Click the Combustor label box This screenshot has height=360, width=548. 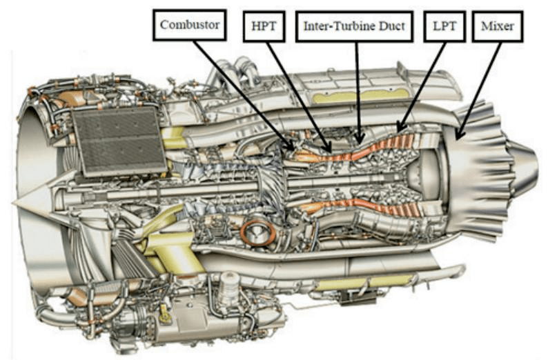point(189,25)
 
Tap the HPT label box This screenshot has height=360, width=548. point(264,26)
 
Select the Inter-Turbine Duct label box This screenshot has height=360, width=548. point(354,26)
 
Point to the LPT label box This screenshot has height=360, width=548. point(444,26)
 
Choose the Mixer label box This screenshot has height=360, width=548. point(498,26)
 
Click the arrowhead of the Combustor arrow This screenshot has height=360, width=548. point(291,146)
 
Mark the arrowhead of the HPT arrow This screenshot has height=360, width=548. point(328,148)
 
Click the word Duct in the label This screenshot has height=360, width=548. point(393,26)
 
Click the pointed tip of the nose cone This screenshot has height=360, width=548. point(13,202)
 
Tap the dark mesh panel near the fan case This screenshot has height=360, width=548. point(119,141)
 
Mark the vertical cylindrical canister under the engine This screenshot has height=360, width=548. point(229,289)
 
